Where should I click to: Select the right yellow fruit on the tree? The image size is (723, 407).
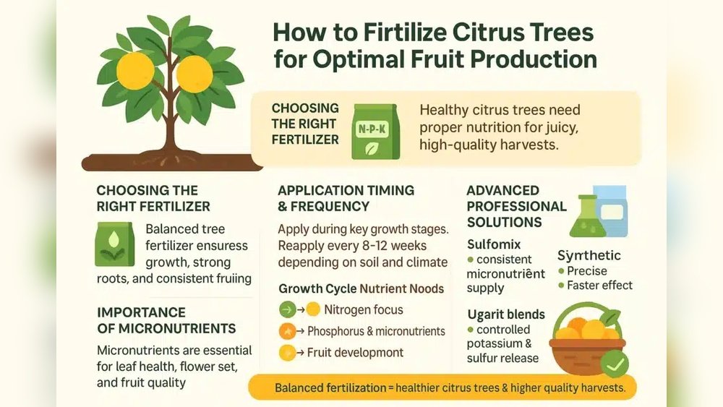pyautogui.click(x=194, y=73)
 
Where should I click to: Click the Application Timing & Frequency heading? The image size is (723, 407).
pyautogui.click(x=346, y=197)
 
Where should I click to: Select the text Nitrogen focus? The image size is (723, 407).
pyautogui.click(x=364, y=309)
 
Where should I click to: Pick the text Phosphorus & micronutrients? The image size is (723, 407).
pyautogui.click(x=376, y=331)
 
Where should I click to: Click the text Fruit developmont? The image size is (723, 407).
pyautogui.click(x=356, y=353)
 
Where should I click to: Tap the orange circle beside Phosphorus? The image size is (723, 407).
pyautogui.click(x=288, y=331)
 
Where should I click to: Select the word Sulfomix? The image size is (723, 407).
pyautogui.click(x=494, y=244)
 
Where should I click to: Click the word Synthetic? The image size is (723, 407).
pyautogui.click(x=589, y=255)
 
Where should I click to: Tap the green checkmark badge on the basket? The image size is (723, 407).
pyautogui.click(x=614, y=363)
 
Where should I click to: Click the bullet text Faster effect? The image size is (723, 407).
pyautogui.click(x=599, y=285)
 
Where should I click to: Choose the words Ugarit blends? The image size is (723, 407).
pyautogui.click(x=505, y=314)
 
